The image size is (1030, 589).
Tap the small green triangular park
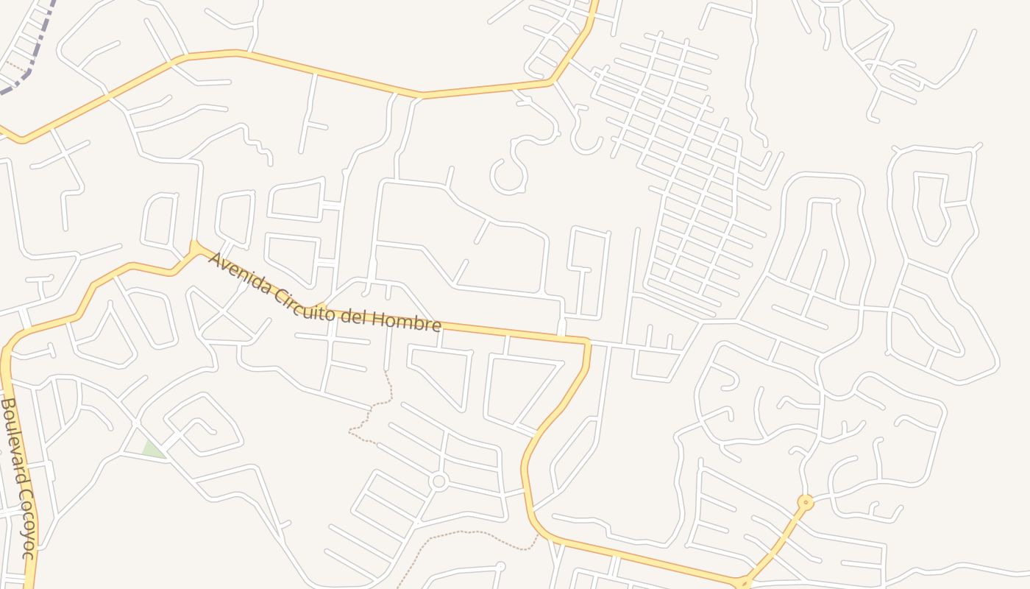coord(153,449)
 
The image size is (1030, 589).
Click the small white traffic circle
coord(439,482)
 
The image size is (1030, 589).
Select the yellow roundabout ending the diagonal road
coord(806,503)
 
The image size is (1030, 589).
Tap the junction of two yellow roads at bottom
coord(743,582)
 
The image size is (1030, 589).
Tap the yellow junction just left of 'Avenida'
coord(195,248)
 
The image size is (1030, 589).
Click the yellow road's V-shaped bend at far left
coord(22,139)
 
